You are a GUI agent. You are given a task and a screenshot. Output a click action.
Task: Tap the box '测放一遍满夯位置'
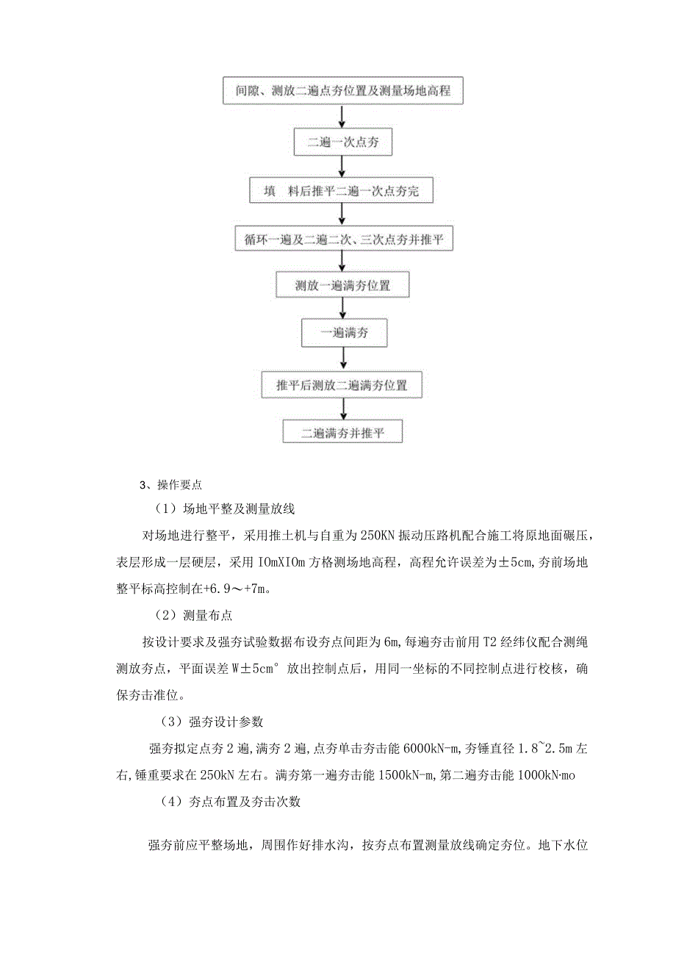pos(343,286)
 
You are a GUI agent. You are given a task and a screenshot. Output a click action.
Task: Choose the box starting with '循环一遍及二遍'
pos(343,240)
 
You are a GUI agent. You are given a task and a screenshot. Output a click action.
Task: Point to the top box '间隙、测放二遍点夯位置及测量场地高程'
pos(343,91)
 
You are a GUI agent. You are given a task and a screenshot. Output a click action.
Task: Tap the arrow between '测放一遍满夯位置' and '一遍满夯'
pos(343,309)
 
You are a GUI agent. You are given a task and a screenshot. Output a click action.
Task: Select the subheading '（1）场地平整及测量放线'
pos(224,508)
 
